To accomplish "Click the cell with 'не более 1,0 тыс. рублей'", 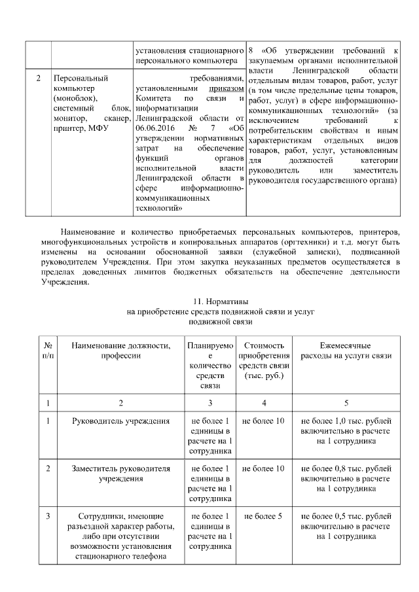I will [346, 430].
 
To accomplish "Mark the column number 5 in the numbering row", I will [346, 401].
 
